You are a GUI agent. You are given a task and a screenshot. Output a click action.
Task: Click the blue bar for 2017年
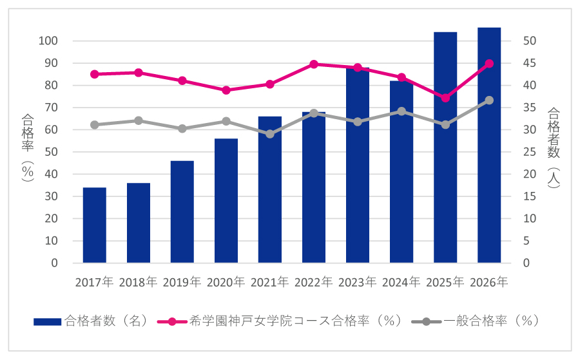pos(95,225)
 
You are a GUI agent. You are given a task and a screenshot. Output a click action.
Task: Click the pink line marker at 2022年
pos(314,64)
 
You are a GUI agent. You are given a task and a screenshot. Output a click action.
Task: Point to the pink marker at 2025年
pos(445,98)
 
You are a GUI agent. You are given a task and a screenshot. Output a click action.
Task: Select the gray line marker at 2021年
pos(270,134)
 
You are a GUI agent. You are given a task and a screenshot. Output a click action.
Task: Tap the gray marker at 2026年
pos(489,100)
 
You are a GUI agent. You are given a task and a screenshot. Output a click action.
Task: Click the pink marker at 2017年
pos(95,74)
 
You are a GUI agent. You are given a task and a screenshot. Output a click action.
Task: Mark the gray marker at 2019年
pos(182,129)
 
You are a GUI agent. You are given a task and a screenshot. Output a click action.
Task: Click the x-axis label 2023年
pos(358,282)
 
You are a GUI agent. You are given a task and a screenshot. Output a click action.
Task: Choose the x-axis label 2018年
pos(139,282)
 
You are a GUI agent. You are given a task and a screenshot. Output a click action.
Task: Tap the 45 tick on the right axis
pos(528,63)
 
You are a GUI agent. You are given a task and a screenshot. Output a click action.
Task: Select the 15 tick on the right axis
pos(528,196)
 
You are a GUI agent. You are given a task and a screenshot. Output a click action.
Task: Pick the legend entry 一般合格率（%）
pos(490,321)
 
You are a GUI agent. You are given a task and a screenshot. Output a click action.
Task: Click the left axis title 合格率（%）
pos(28,148)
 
